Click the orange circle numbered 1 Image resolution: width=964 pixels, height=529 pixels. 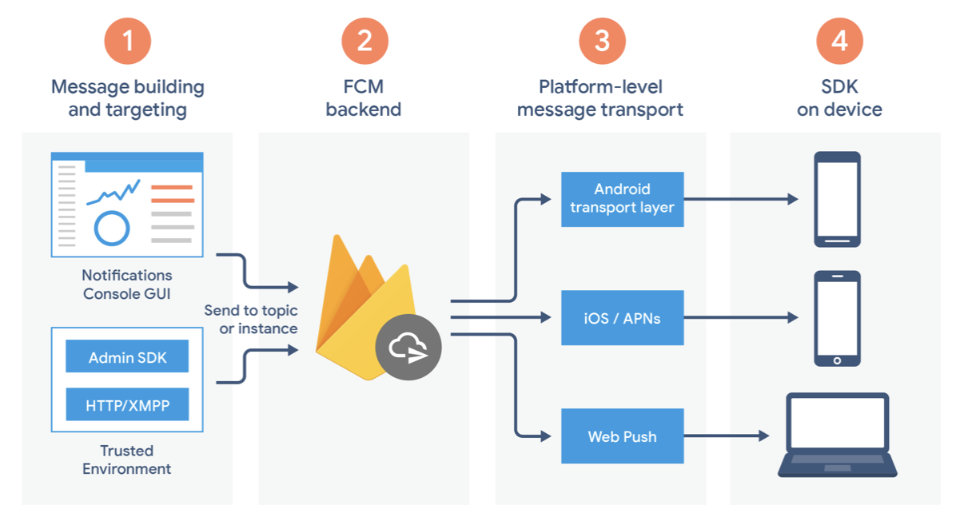pos(128,42)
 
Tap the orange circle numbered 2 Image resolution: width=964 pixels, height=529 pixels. pos(365,42)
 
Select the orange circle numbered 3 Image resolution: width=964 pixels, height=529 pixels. pos(602,42)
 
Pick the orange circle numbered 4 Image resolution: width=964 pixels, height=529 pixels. pos(839,42)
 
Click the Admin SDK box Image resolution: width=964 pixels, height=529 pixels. pos(127,356)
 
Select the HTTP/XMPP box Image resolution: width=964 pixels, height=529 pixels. pos(127,404)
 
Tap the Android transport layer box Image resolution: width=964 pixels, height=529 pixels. pos(623,199)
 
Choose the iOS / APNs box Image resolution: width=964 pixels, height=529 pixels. pos(623,318)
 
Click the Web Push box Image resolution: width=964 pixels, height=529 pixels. pos(623,436)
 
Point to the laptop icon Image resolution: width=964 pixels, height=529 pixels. pos(838,435)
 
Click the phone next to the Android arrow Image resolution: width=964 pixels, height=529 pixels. pos(837,199)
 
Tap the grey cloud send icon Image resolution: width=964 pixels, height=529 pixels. pos(408,347)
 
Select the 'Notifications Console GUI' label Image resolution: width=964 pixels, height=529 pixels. pos(127,284)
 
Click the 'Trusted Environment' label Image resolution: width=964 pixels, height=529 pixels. pos(127,459)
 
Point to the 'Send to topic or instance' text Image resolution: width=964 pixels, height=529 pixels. pos(251,319)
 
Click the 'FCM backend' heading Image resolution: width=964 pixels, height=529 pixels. pos(364,98)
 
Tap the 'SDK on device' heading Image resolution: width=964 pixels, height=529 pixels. pos(839,98)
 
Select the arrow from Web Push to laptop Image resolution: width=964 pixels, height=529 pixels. pos(727,436)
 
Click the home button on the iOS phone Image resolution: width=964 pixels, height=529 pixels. pos(837,360)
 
